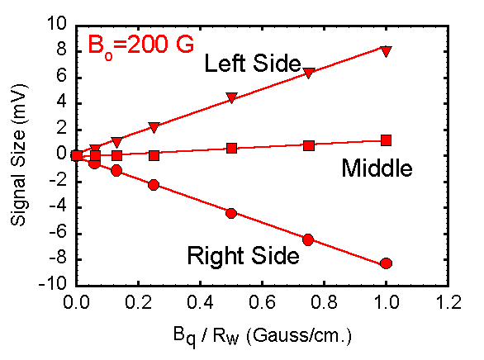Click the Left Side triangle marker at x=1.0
(x=386, y=50)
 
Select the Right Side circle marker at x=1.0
(x=386, y=263)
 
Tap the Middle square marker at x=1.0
(x=386, y=140)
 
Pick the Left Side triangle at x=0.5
(x=231, y=98)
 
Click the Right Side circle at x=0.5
(x=231, y=213)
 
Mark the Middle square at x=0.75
(x=309, y=145)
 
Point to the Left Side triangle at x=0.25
(x=154, y=127)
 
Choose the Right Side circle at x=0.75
(x=309, y=239)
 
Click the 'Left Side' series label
(x=252, y=63)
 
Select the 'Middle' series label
(x=376, y=169)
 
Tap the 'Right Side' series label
(x=243, y=256)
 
